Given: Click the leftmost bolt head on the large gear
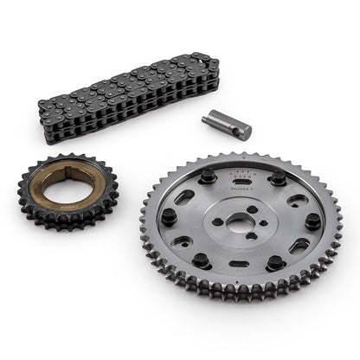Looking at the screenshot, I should (168, 215).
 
